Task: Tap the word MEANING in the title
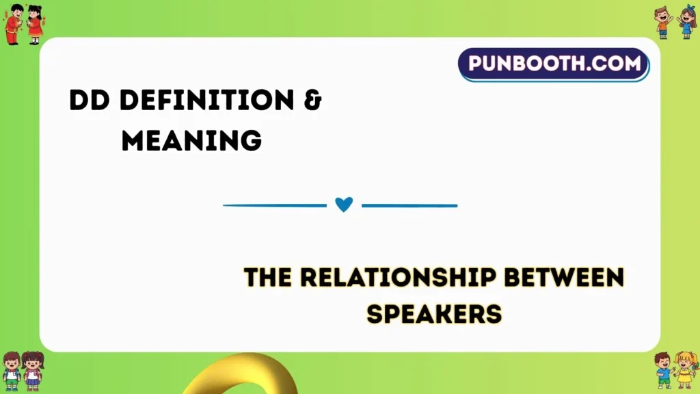tap(192, 140)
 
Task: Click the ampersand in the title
tap(312, 102)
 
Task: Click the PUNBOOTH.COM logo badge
tap(554, 65)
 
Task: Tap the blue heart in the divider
tap(344, 205)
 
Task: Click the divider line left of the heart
tap(275, 205)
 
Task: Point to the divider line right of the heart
tap(409, 205)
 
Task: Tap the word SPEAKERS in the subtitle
tap(435, 314)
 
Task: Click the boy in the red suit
tap(14, 25)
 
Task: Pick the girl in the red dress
tap(34, 25)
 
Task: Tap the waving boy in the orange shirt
tap(663, 22)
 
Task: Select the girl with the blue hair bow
tap(686, 22)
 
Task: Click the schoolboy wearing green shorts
tap(12, 371)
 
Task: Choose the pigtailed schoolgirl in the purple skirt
tap(33, 371)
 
